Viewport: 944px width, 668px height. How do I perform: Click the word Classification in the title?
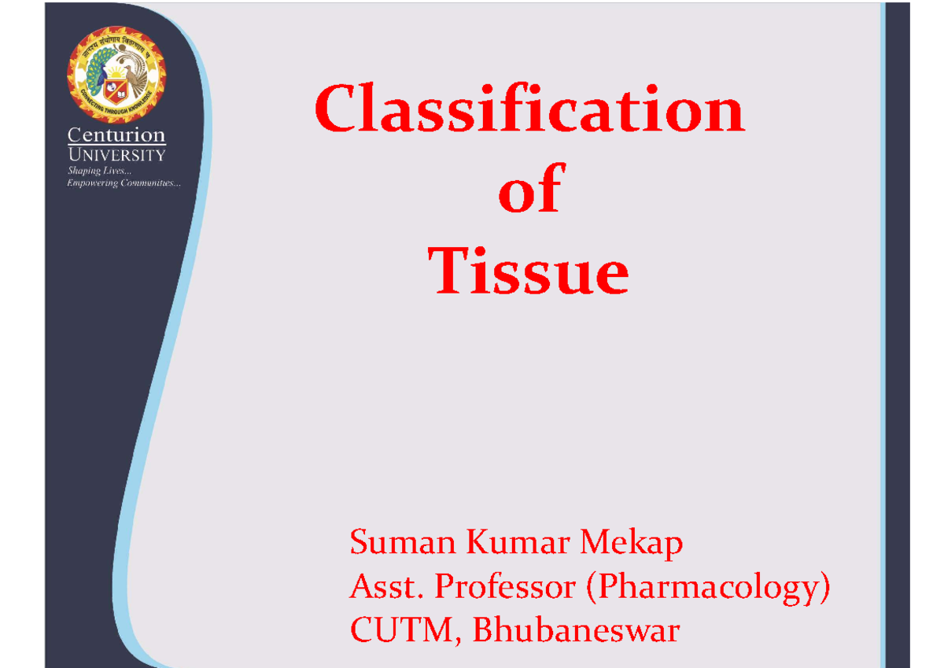(x=529, y=111)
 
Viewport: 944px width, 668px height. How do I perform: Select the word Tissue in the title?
(x=529, y=271)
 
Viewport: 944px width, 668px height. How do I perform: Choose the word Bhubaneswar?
(x=575, y=631)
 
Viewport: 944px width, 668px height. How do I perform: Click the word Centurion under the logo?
(x=116, y=135)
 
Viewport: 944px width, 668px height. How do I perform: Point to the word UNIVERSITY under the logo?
(x=116, y=154)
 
